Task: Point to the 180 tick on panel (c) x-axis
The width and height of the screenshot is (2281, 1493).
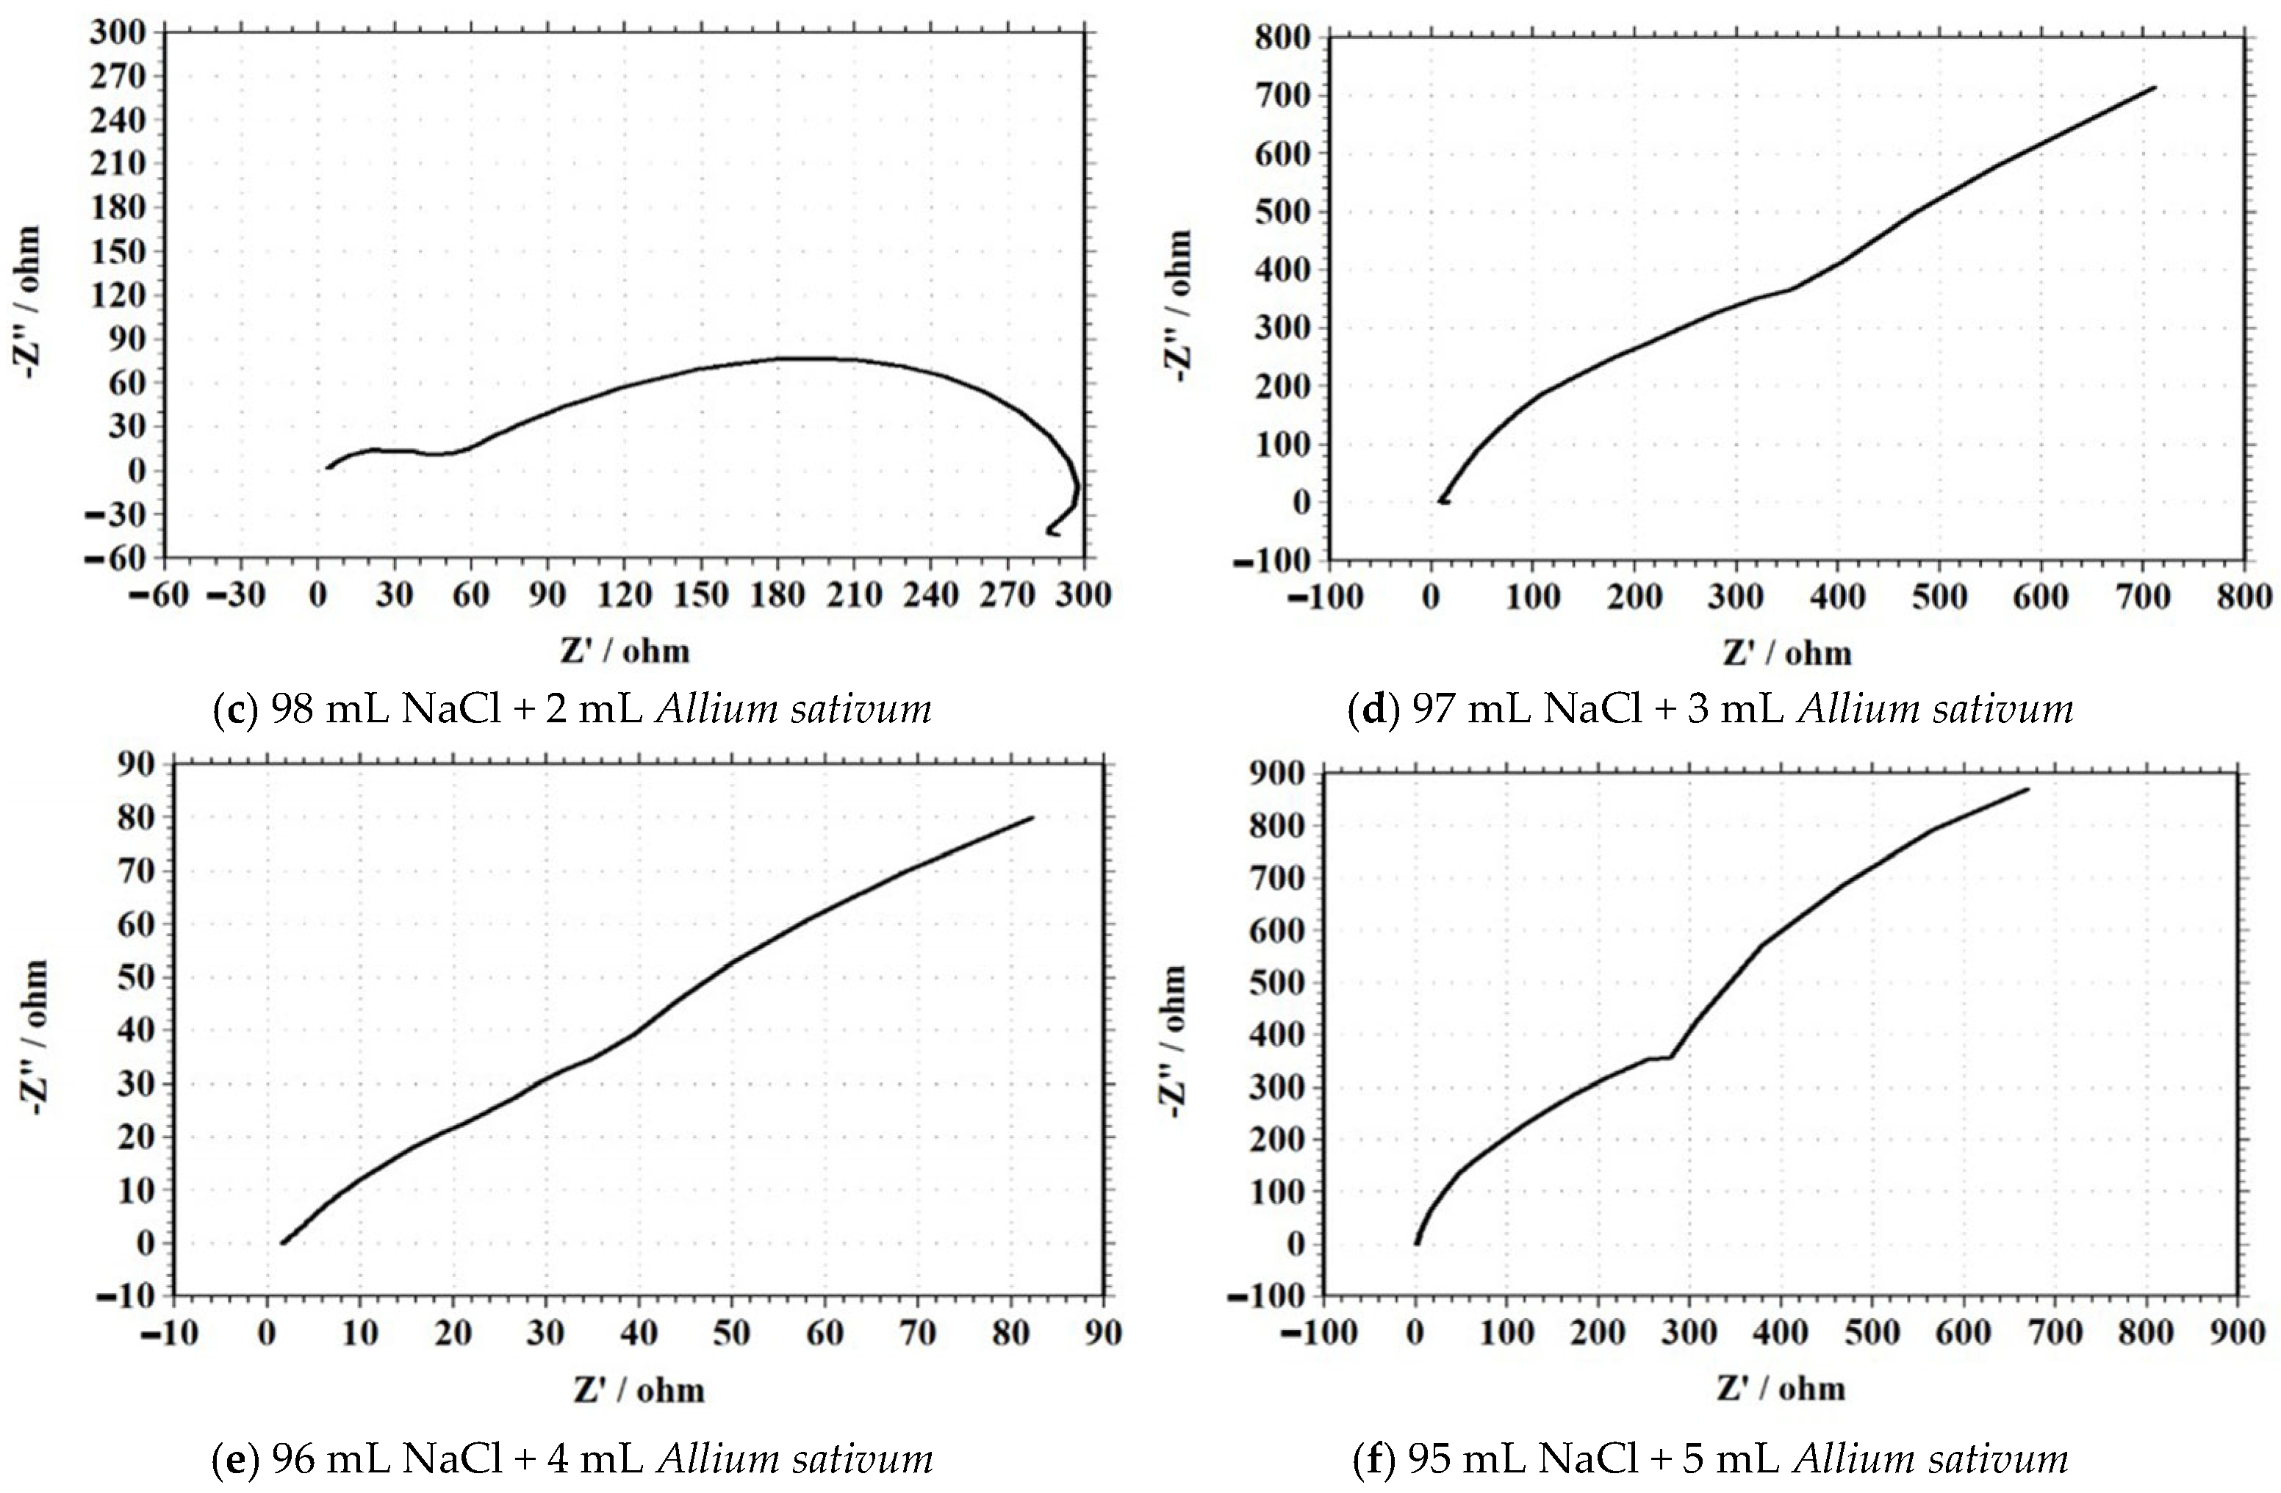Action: click(777, 596)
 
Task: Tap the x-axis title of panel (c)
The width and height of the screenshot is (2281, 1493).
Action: click(625, 652)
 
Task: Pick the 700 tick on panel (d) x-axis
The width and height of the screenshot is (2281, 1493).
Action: click(2143, 598)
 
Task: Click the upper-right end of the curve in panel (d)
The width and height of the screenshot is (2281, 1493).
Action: click(2155, 87)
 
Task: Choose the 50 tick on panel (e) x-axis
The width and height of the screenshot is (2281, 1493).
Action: click(731, 1333)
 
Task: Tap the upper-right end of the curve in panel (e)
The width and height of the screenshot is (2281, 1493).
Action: click(1032, 818)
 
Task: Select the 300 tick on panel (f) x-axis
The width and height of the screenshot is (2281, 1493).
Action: click(1689, 1332)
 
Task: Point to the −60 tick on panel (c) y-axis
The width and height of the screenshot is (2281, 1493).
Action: click(118, 558)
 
